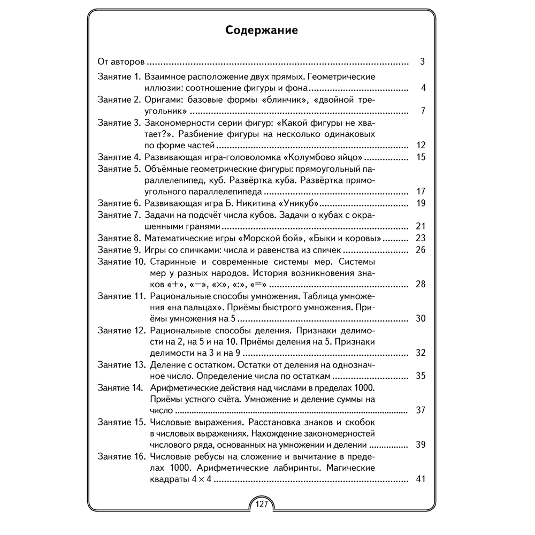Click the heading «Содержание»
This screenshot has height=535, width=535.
(x=262, y=29)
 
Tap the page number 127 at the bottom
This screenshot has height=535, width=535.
(x=262, y=504)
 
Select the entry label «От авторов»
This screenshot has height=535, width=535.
(x=122, y=62)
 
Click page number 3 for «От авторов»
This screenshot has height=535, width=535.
(x=422, y=62)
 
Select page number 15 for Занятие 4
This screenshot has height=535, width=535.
(x=420, y=157)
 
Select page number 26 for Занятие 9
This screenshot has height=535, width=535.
(x=420, y=250)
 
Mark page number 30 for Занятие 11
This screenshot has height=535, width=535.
(x=420, y=319)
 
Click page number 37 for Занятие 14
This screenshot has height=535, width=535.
(x=420, y=410)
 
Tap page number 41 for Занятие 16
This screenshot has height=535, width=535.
(x=420, y=479)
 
